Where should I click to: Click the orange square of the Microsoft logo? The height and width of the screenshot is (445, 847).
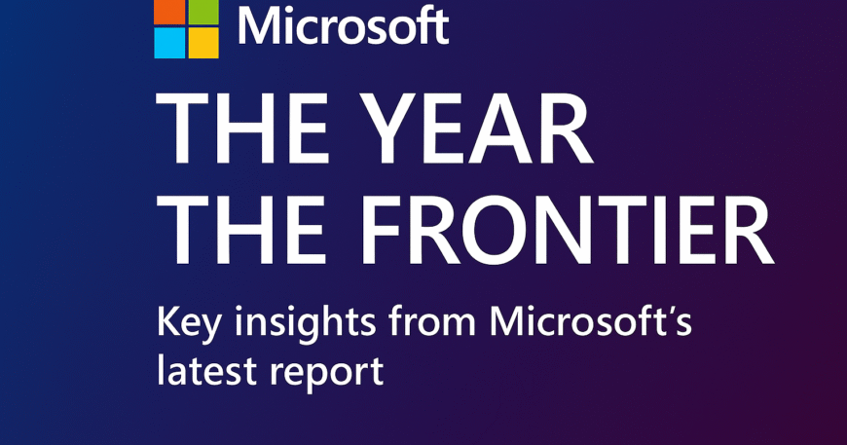point(169,12)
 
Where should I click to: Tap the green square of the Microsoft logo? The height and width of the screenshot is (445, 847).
point(203,12)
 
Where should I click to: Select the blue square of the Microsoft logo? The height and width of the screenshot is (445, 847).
point(169,43)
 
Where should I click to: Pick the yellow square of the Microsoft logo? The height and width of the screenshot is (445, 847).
point(203,43)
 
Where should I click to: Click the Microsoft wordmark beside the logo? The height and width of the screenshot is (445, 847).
point(344,25)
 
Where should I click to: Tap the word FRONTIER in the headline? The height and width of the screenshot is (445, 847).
point(568,230)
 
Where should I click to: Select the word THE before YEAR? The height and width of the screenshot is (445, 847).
point(242,128)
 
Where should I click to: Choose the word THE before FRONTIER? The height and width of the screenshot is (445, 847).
point(242,230)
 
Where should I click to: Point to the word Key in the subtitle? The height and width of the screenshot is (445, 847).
point(189,323)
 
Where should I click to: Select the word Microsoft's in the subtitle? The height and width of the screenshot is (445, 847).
point(591,321)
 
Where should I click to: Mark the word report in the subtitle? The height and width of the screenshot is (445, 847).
point(327,373)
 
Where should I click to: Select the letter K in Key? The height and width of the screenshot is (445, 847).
point(169,321)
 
